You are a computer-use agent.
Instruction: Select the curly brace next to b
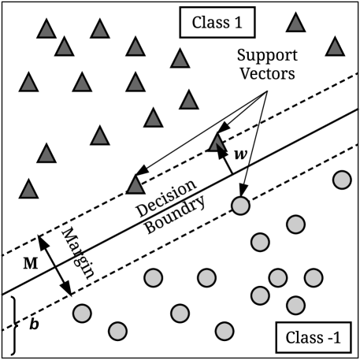coord(14,325)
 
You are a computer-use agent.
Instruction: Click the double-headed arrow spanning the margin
coord(55,265)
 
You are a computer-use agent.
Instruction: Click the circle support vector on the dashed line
coord(241,206)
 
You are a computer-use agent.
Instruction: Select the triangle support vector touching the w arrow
coord(217,143)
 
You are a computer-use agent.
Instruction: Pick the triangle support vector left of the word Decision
coord(135,184)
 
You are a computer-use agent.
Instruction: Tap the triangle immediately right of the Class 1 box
coord(295,23)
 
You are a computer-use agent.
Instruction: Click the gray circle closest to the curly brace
coord(81,314)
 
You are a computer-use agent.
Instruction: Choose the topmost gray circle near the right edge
coord(341,180)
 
